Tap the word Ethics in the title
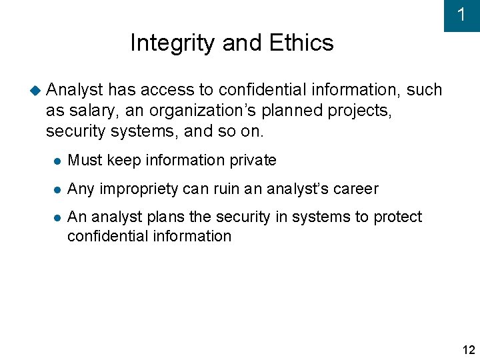[301, 43]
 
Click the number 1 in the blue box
[461, 15]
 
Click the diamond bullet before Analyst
[36, 89]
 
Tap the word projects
[360, 111]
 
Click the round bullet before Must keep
[58, 161]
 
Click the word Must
[83, 160]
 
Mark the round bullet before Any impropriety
[58, 190]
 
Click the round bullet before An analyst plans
[58, 218]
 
